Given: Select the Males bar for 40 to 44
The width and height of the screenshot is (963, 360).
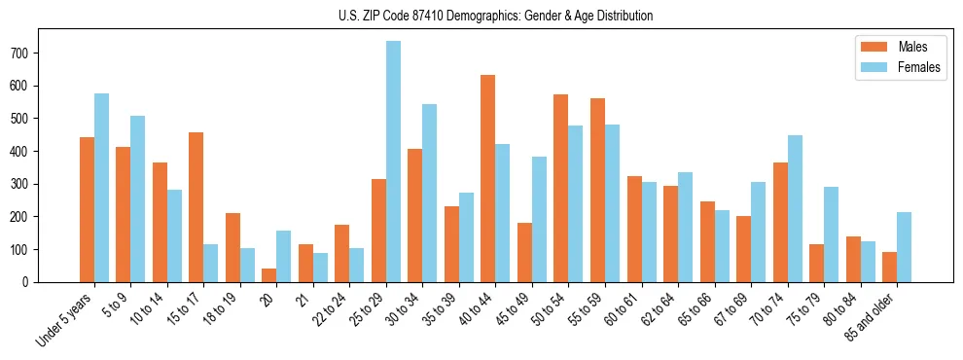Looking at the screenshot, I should (488, 178).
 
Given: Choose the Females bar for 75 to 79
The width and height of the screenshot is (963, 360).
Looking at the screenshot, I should (831, 234).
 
